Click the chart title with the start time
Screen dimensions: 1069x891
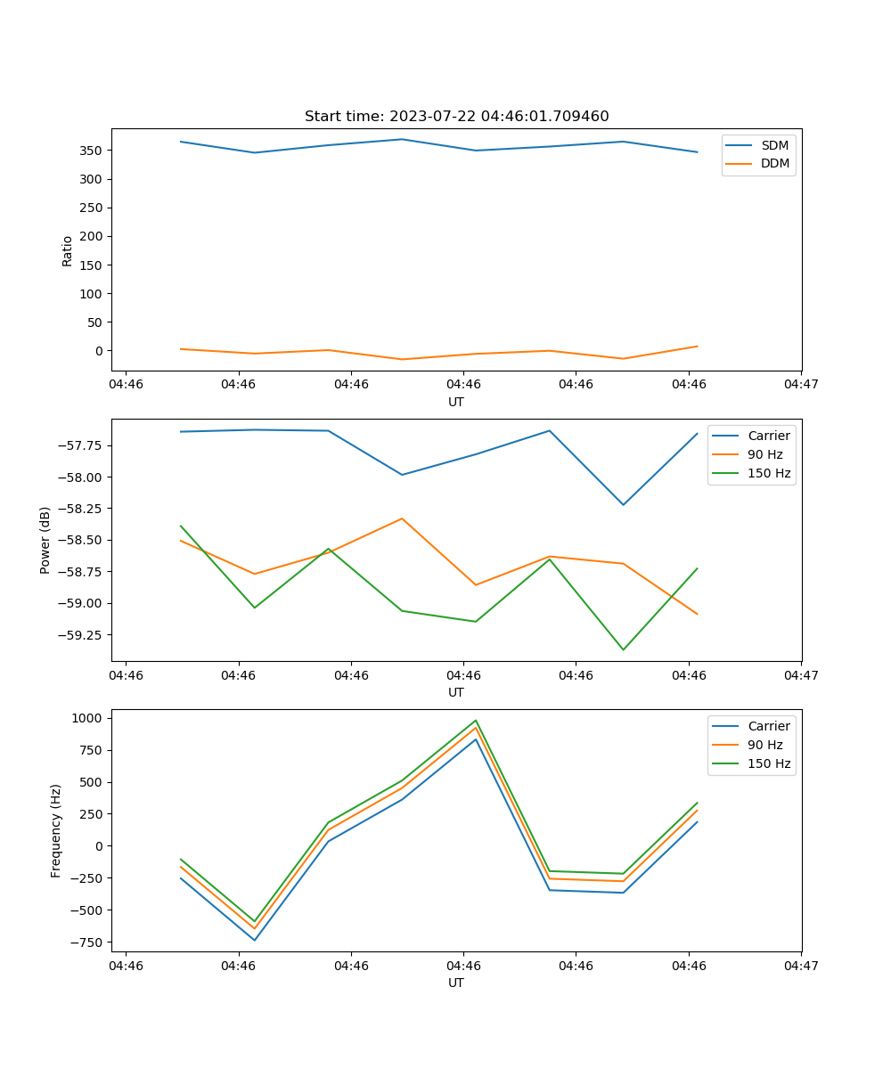point(456,117)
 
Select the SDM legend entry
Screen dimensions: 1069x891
point(774,145)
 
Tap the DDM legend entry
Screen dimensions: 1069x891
point(774,163)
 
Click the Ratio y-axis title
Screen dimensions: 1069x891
point(68,250)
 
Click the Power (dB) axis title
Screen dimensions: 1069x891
point(45,540)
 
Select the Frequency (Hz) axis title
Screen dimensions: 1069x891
point(56,830)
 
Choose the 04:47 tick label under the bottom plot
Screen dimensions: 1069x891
point(801,965)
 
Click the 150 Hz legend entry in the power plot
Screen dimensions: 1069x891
point(769,473)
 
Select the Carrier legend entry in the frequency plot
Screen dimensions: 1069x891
point(768,726)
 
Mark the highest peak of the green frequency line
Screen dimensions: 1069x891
point(476,721)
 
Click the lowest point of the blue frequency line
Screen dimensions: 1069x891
point(255,940)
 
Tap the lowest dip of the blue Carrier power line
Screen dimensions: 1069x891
point(623,505)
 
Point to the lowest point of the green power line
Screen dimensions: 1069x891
point(623,649)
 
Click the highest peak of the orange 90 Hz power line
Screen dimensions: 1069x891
point(402,518)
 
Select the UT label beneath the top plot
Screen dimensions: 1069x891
point(456,402)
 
